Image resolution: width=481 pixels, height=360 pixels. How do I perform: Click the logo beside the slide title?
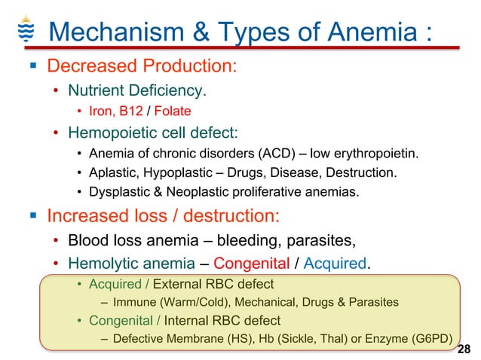tap(25, 29)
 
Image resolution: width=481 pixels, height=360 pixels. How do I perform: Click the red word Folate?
tap(173, 111)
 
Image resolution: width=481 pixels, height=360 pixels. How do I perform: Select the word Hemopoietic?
tap(108, 133)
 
